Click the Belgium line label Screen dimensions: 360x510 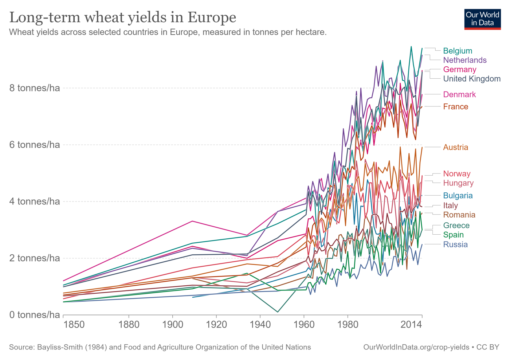point(458,51)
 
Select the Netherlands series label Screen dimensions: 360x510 point(465,60)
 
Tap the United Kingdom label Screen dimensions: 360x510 point(472,79)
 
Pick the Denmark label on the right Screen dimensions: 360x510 point(459,94)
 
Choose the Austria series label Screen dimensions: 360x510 point(456,147)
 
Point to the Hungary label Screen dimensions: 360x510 point(458,183)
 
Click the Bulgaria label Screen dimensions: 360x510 point(458,196)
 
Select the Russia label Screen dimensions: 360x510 point(455,244)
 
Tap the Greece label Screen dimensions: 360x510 point(456,226)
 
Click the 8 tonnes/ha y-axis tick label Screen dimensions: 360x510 point(35,88)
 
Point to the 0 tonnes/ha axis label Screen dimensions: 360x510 point(35,315)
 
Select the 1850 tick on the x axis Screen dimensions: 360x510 point(74,324)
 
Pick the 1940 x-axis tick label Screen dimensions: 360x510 point(260,324)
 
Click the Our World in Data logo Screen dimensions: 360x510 point(482,19)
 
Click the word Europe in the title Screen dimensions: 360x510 point(212,17)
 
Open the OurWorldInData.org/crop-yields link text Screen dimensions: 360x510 point(416,347)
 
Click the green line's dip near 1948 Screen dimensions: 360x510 point(278,312)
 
